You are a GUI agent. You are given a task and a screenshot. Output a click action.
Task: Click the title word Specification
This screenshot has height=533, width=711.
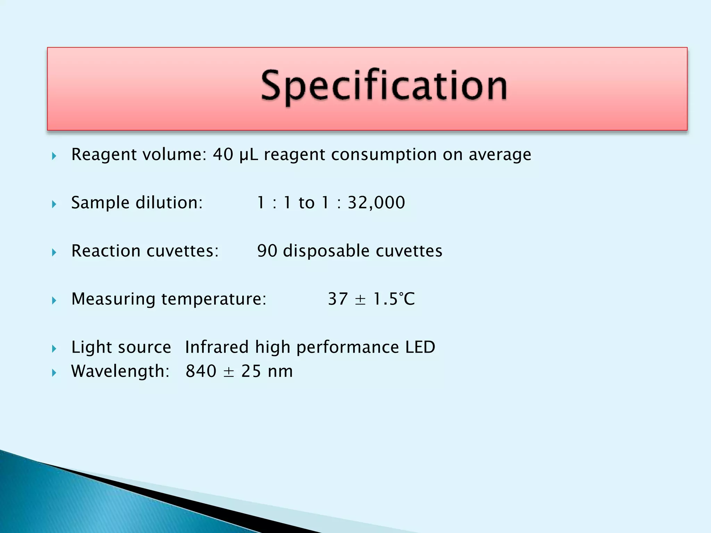[x=384, y=85]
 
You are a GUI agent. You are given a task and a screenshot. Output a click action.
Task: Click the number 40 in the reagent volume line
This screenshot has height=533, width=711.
[x=223, y=154]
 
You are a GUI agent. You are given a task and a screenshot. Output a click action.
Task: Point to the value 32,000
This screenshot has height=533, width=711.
[x=376, y=203]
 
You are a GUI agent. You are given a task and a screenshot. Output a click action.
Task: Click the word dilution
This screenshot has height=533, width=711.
[x=169, y=203]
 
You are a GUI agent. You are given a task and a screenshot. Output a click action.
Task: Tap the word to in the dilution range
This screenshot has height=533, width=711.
[x=306, y=203]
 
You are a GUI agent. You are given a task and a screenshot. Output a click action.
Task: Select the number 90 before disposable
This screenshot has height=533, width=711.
[x=267, y=251]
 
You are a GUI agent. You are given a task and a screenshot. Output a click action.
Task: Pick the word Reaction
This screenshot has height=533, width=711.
[x=106, y=251]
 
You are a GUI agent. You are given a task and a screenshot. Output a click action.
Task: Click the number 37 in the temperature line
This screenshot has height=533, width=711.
[x=338, y=299]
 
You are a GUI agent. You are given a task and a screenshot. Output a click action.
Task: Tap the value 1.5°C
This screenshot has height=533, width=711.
[x=394, y=299]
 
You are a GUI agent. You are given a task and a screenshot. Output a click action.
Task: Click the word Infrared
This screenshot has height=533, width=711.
[x=217, y=347]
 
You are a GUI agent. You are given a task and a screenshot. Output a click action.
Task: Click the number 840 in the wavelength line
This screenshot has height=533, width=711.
[x=201, y=371]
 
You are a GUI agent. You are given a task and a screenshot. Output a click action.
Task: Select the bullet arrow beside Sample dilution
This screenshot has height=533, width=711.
[x=54, y=204]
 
